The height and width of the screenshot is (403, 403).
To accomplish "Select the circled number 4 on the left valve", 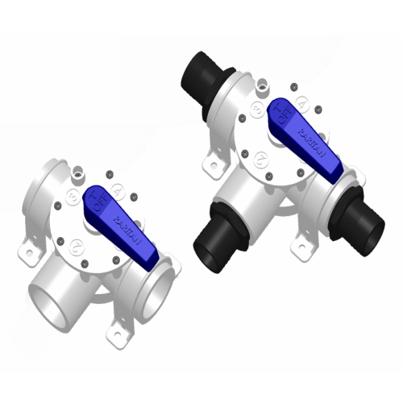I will (x=118, y=191).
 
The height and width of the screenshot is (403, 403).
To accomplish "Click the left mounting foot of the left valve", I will (x=31, y=251).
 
